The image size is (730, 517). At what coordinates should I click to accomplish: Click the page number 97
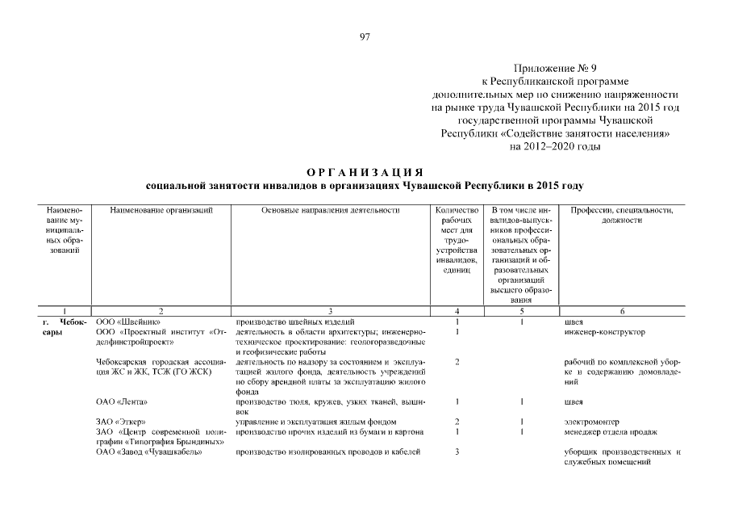[x=365, y=37]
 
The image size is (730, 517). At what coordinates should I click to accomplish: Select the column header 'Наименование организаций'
[x=161, y=210]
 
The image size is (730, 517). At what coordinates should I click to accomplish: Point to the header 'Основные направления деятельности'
[x=331, y=210]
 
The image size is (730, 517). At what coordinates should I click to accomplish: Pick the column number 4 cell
[x=457, y=311]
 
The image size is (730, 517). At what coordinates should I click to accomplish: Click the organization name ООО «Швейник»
[x=123, y=322]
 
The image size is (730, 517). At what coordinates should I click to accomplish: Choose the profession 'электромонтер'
[x=593, y=422]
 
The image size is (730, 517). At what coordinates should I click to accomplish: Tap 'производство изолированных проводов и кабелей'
[x=328, y=452]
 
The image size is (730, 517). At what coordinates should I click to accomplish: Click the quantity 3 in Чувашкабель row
[x=457, y=452]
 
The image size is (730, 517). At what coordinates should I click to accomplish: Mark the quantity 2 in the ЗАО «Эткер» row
[x=457, y=422]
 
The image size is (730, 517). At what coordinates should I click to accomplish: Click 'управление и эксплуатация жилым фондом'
[x=315, y=422]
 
